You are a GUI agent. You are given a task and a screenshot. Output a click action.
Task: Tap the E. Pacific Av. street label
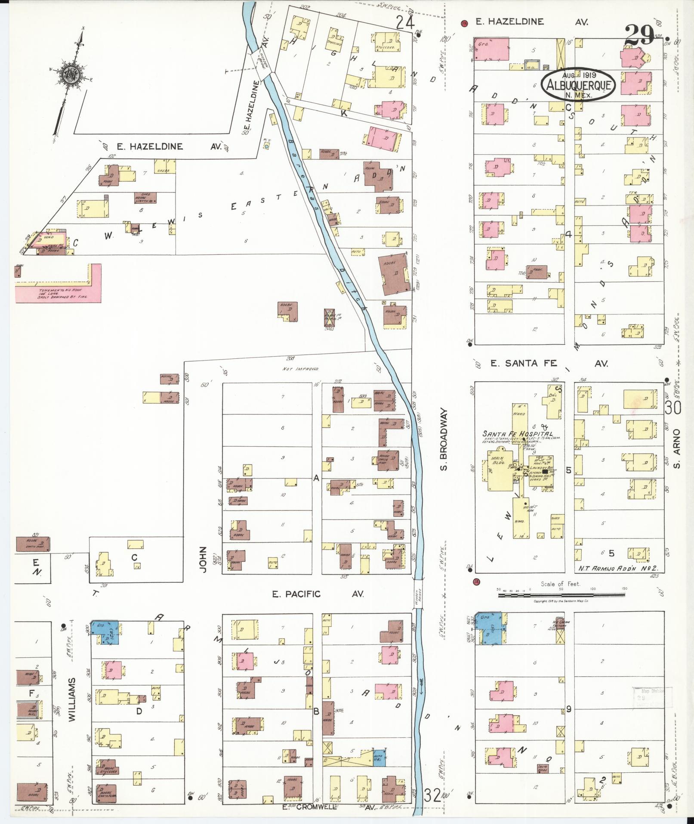point(318,594)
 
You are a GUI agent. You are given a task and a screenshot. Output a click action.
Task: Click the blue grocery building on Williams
point(106,632)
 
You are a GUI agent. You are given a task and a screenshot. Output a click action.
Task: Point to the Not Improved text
point(300,369)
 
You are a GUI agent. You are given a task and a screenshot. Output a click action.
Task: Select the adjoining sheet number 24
point(406,22)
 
